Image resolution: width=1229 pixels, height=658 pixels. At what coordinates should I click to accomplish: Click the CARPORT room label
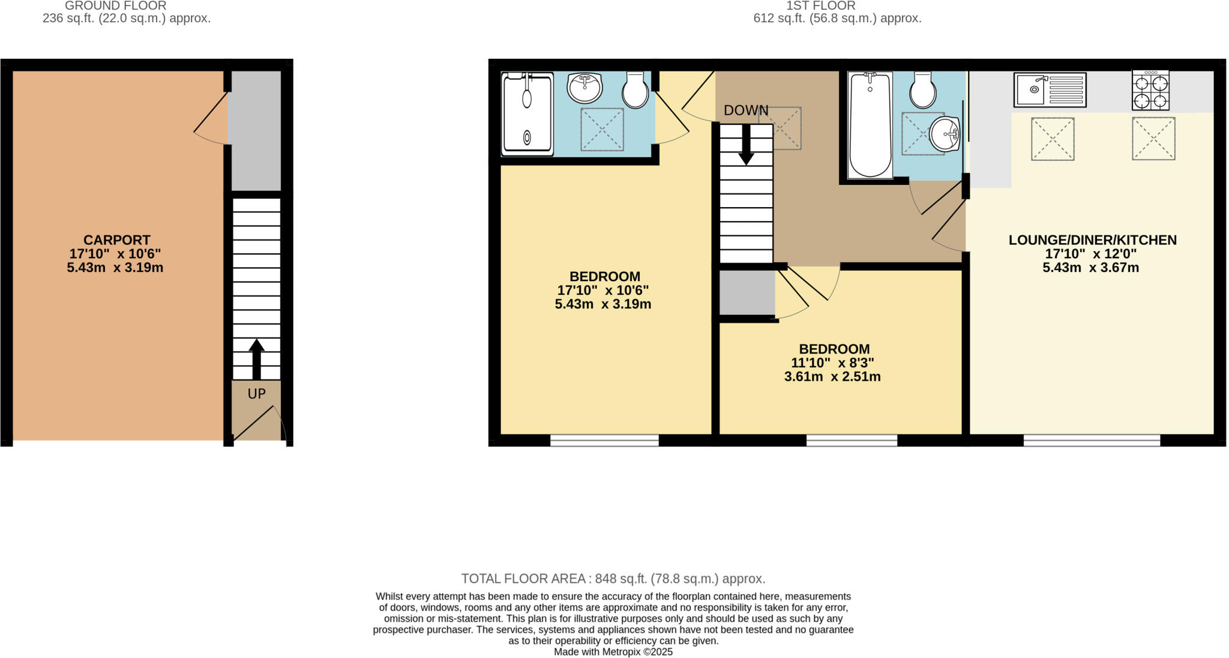click(116, 240)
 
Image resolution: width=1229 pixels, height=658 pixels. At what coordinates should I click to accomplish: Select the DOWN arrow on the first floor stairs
click(746, 145)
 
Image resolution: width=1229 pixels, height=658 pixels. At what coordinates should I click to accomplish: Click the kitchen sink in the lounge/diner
click(1050, 90)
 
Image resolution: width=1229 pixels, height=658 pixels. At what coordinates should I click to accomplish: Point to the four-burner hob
click(1150, 91)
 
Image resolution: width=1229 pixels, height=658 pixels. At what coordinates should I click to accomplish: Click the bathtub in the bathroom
click(870, 125)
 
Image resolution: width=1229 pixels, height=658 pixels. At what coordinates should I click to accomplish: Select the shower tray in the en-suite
click(527, 114)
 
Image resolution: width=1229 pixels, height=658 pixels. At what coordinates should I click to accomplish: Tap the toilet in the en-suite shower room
click(635, 90)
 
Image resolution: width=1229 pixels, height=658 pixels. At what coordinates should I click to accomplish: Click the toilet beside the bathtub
click(922, 90)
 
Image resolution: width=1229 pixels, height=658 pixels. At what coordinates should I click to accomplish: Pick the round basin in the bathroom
click(945, 134)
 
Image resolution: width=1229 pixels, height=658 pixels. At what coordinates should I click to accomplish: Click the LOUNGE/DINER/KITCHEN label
click(1092, 240)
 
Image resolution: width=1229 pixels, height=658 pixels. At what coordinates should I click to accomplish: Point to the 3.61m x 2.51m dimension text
click(832, 377)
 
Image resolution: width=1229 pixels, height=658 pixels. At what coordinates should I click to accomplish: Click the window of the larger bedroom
click(604, 441)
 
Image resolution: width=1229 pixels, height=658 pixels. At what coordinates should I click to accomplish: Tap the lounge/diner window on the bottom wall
click(1092, 441)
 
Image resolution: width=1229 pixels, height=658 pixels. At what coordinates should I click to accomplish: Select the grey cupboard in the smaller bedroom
click(747, 292)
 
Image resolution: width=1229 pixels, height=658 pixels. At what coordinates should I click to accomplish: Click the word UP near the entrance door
click(256, 394)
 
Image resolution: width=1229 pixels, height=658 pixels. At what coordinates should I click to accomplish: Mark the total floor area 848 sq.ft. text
click(613, 579)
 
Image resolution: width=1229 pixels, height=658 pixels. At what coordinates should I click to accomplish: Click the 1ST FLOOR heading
click(820, 6)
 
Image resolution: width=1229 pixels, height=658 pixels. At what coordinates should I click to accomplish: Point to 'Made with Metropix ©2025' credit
click(613, 652)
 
